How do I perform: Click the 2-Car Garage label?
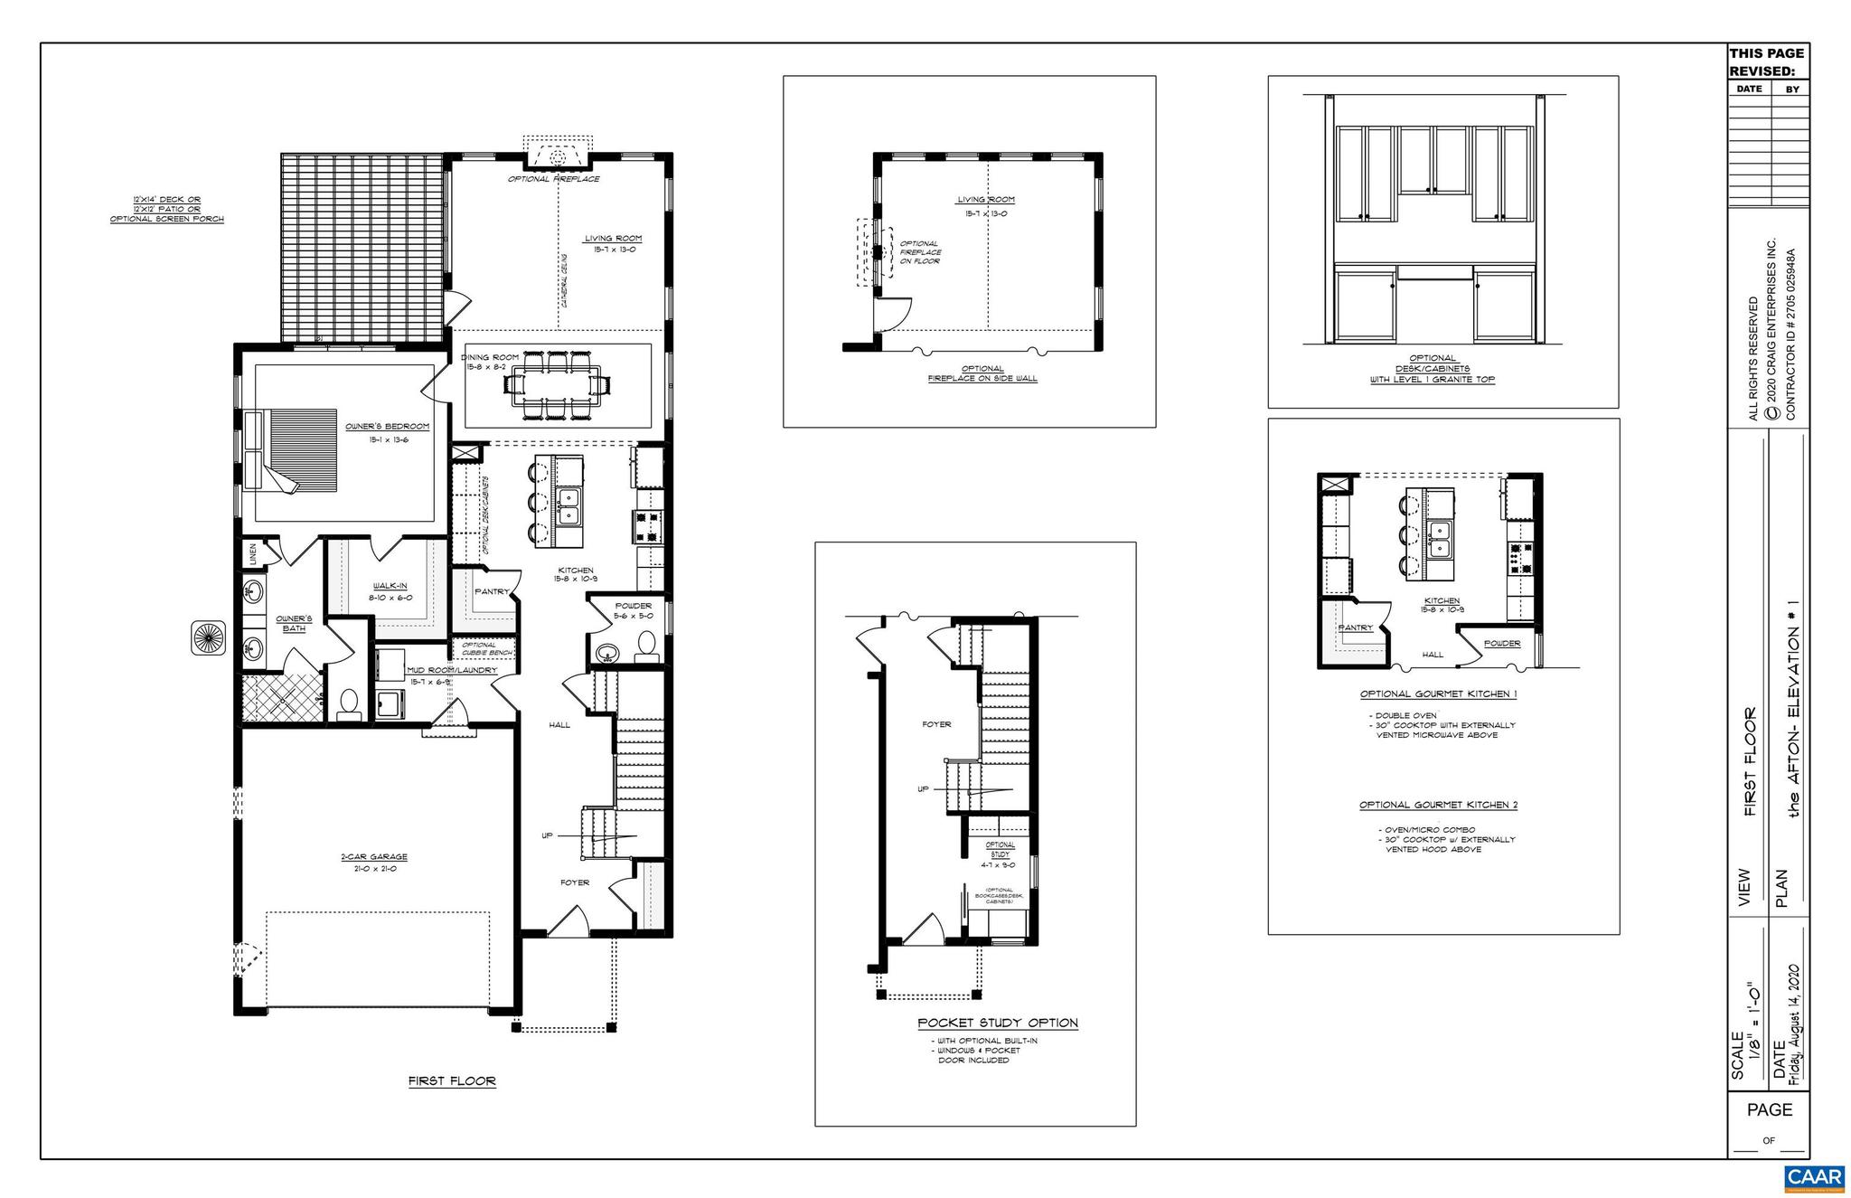pos(374,857)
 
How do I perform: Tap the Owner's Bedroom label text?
pos(387,427)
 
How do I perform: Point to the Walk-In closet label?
pos(390,587)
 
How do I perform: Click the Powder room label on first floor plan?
pos(634,606)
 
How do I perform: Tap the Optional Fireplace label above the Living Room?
pos(553,179)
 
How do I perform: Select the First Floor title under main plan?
pos(452,1081)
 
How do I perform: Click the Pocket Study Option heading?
pos(998,1023)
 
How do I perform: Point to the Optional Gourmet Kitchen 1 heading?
pos(1438,694)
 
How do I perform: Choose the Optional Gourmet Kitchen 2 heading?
pos(1438,805)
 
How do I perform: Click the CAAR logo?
pos(1815,1178)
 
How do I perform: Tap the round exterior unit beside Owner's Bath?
pos(208,637)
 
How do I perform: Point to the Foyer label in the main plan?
pos(575,882)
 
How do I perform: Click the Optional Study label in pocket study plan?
pos(1001,849)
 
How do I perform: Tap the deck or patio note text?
pos(166,209)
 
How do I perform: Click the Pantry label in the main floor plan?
pos(493,591)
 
